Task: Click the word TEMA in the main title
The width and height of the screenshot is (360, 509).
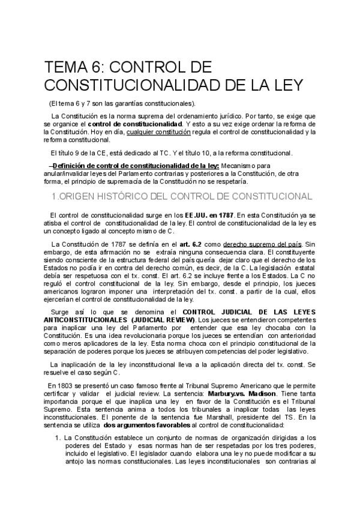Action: (x=68, y=67)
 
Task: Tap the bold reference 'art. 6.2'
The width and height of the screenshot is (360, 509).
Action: (x=185, y=244)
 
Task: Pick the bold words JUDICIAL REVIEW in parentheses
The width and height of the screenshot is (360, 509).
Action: (x=160, y=320)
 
